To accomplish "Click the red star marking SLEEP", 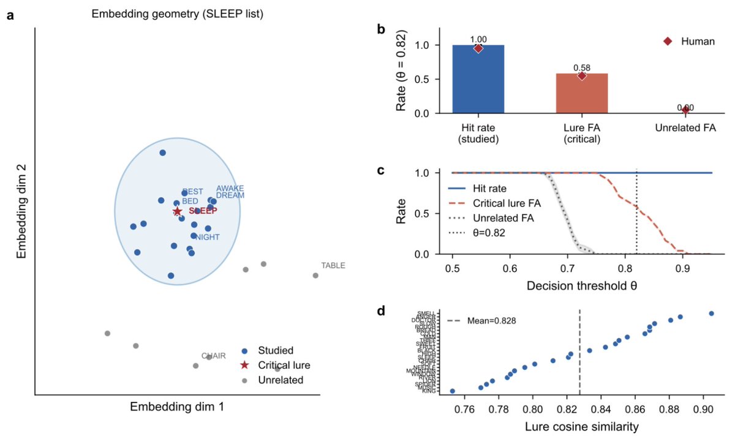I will [x=178, y=211].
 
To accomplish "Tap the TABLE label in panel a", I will [x=333, y=266].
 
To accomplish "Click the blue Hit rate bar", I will [x=478, y=80].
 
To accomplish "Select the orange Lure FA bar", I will [x=581, y=93].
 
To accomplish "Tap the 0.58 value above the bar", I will [x=581, y=67].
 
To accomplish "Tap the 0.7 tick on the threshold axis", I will [x=568, y=268].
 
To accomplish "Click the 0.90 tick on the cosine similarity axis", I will [x=705, y=409].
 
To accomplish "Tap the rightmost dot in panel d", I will [x=711, y=314].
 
